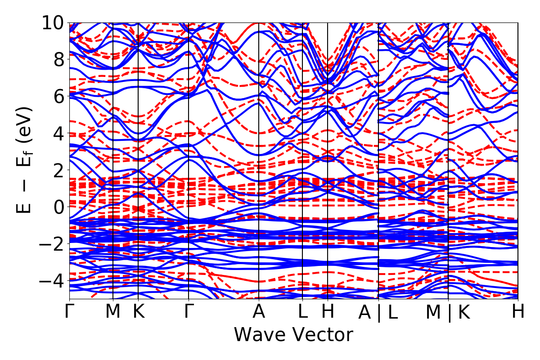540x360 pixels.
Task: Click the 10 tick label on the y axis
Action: click(x=53, y=22)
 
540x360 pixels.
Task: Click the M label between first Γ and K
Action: click(x=112, y=312)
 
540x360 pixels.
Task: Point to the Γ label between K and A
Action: click(x=188, y=312)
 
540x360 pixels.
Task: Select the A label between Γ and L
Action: click(x=259, y=312)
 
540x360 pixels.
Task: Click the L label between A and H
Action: click(x=302, y=312)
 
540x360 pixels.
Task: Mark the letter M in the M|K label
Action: click(x=434, y=313)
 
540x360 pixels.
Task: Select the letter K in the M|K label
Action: click(x=464, y=313)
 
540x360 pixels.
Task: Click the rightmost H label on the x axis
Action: click(x=518, y=312)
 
